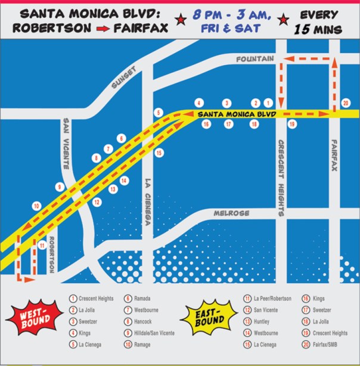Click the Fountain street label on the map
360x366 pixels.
point(255,59)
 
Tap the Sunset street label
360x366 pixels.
point(125,77)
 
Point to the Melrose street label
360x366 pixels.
point(233,213)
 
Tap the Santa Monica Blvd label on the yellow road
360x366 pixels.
point(235,113)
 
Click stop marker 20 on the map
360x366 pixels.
point(345,103)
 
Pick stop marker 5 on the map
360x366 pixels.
point(158,112)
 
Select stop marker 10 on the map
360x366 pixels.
point(36,206)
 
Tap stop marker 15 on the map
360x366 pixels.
point(159,153)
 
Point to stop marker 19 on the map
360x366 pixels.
point(291,124)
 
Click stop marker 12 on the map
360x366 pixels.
point(97,202)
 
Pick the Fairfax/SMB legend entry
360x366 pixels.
point(325,345)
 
